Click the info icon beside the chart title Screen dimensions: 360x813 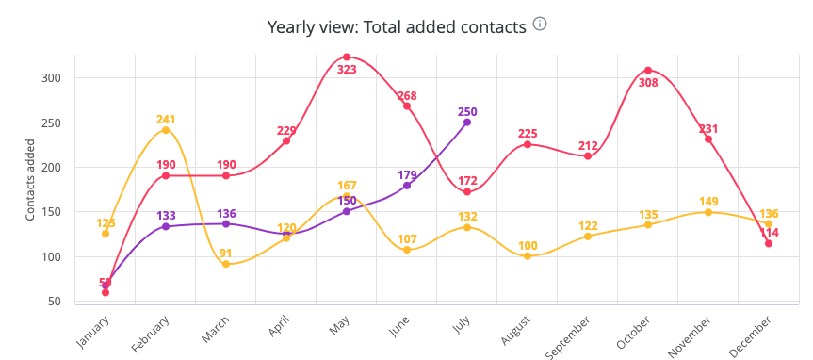pos(540,24)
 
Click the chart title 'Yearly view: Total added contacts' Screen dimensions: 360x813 pos(397,26)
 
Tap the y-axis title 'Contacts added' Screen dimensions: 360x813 pos(30,178)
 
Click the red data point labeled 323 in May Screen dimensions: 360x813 pos(347,57)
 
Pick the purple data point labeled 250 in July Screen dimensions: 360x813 pos(467,122)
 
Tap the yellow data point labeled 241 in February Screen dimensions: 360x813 pos(166,130)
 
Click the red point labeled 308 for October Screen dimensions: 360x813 pos(648,71)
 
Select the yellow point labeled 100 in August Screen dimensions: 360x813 pos(528,256)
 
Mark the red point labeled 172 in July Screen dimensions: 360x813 pos(467,191)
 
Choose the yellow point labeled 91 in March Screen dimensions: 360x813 pos(226,264)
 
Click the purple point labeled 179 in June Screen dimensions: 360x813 pos(407,186)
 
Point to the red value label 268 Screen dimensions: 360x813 pos(407,96)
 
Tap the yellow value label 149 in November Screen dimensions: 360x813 pos(708,201)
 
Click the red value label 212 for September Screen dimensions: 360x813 pos(588,145)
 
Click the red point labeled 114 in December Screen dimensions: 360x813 pos(769,243)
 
